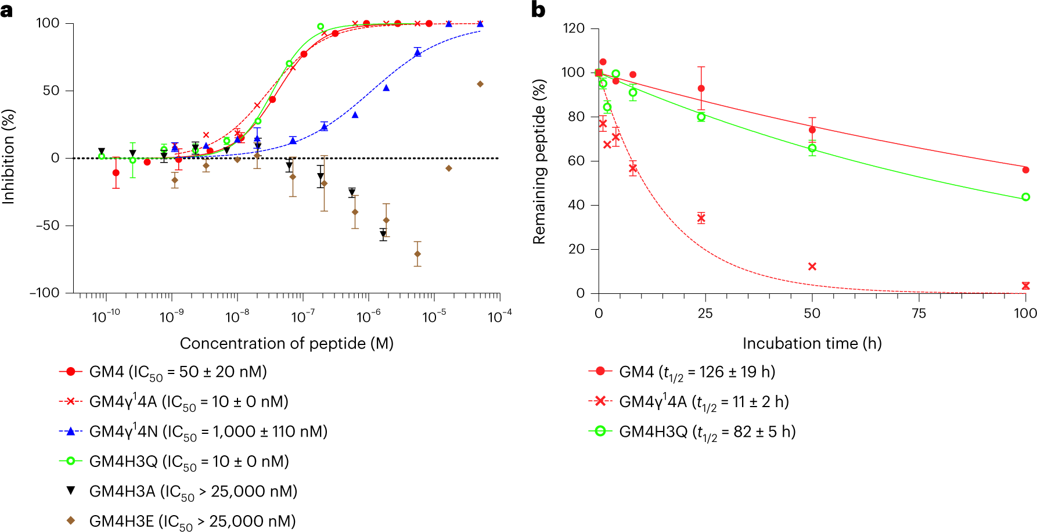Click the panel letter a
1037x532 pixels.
6,10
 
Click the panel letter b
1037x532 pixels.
538,10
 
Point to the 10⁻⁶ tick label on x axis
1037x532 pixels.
368,317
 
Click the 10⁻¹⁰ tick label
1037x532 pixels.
106,317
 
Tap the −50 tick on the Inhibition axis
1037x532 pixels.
48,225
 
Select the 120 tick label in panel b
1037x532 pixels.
573,28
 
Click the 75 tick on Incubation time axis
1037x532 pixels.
919,314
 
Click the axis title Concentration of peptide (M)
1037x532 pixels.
287,343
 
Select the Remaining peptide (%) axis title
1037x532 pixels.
539,161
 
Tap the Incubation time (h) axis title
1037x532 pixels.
812,343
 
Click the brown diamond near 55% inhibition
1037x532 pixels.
480,84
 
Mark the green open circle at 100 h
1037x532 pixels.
1025,197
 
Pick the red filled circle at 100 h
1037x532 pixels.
1025,170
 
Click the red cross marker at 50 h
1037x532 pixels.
812,267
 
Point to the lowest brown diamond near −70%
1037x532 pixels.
417,254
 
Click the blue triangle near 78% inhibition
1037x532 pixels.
417,53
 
